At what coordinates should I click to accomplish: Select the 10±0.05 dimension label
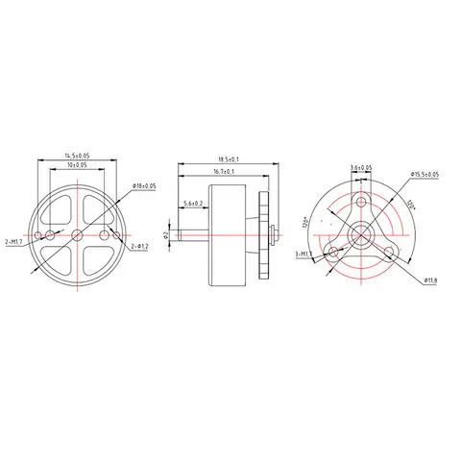(x=76, y=165)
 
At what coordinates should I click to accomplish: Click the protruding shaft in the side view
(x=191, y=233)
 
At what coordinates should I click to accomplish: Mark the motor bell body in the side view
(x=235, y=233)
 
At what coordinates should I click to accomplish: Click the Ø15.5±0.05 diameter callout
(x=424, y=174)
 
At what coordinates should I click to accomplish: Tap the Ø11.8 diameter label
(x=429, y=280)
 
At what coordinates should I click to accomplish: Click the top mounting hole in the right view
(x=361, y=203)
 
